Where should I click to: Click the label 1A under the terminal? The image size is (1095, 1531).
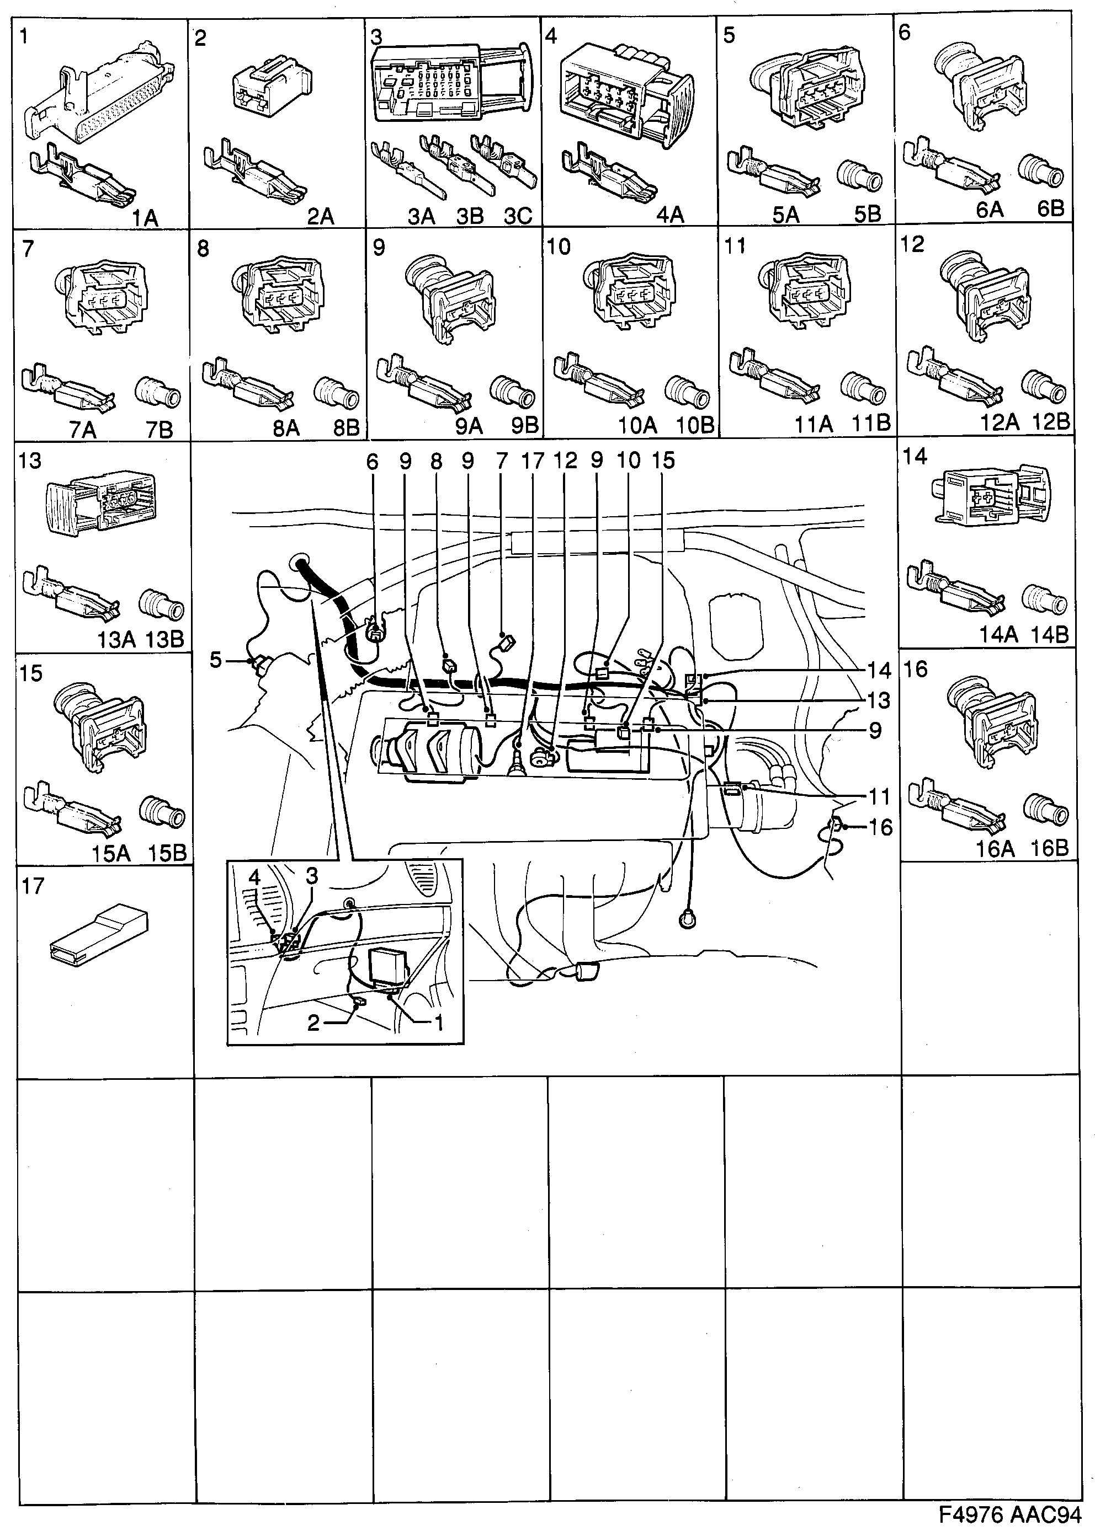pyautogui.click(x=144, y=218)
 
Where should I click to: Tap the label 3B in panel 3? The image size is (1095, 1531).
pyautogui.click(x=470, y=216)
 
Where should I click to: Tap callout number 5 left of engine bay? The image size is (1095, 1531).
pyautogui.click(x=216, y=660)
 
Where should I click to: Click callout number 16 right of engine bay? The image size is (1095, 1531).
pyautogui.click(x=880, y=827)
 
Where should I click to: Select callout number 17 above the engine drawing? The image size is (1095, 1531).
pyautogui.click(x=532, y=461)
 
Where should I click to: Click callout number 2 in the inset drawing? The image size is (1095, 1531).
pyautogui.click(x=313, y=1023)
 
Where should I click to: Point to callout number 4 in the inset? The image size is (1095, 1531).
pyautogui.click(x=254, y=877)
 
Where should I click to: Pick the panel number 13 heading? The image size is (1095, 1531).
pyautogui.click(x=31, y=461)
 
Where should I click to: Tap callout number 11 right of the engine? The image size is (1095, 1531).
pyautogui.click(x=879, y=796)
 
